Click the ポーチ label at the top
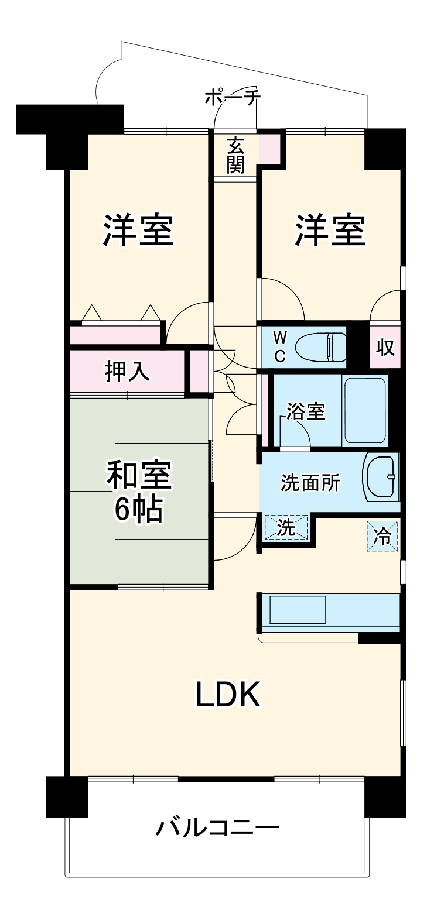pyautogui.click(x=232, y=98)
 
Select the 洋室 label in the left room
pyautogui.click(x=139, y=231)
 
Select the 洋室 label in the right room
pyautogui.click(x=331, y=231)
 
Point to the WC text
pyautogui.click(x=281, y=346)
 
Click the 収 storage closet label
pyautogui.click(x=385, y=347)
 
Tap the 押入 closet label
pyautogui.click(x=127, y=372)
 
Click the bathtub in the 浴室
pyautogui.click(x=365, y=409)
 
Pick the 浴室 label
pyautogui.click(x=306, y=411)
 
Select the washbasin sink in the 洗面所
pyautogui.click(x=382, y=476)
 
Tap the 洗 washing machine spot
pyautogui.click(x=285, y=527)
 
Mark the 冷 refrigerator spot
pyautogui.click(x=382, y=535)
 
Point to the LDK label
pyautogui.click(x=228, y=696)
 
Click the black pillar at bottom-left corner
pyautogui.click(x=66, y=796)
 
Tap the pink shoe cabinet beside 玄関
pyautogui.click(x=270, y=149)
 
